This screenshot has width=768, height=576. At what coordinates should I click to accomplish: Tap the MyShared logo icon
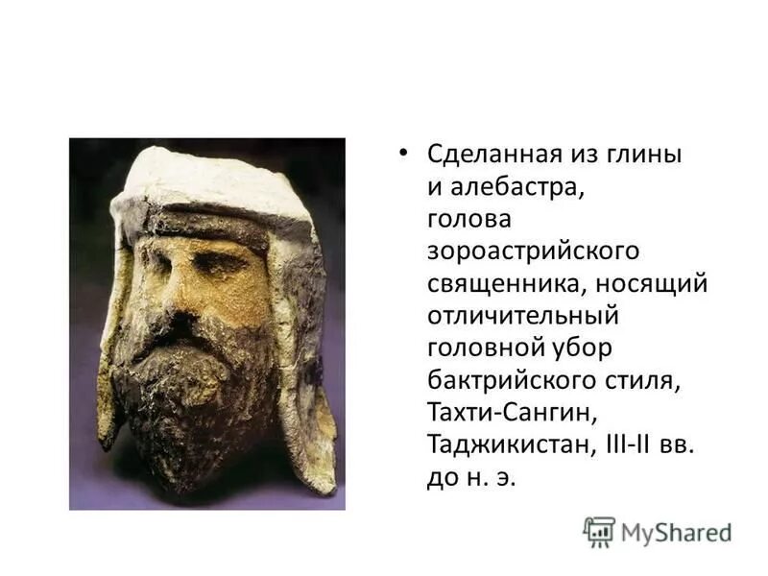[599, 531]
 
